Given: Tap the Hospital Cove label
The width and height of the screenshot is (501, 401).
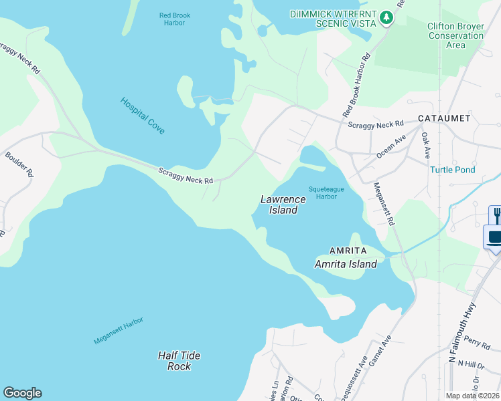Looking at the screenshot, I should coord(143,116).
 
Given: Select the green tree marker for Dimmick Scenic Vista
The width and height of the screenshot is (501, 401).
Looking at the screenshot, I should coord(386,17).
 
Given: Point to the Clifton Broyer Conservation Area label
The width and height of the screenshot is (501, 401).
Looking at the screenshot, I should coord(455,35).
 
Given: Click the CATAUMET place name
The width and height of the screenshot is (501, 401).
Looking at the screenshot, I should coord(444,118).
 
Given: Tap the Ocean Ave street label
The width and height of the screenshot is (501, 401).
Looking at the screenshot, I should coord(391,146).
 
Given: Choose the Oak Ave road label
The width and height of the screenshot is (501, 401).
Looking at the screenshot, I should coord(426,144).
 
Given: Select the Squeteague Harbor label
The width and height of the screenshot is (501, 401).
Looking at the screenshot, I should coord(326,193).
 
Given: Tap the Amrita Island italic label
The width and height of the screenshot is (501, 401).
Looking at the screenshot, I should coord(346,264).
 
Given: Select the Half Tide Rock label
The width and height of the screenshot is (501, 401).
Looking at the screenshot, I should coord(179,361).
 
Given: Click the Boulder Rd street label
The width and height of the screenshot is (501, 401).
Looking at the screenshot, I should coord(19,164).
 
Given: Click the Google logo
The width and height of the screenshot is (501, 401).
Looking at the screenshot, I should coord(22,393).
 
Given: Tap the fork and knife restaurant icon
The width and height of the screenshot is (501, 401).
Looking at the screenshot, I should coord(495,215).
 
